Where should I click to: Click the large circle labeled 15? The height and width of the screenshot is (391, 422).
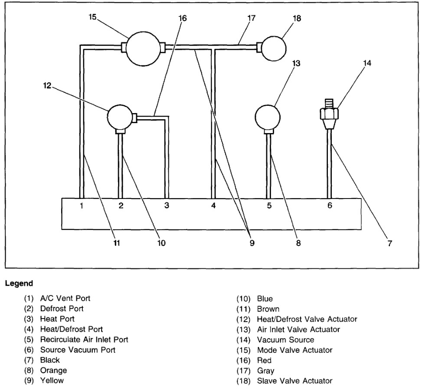(x=143, y=47)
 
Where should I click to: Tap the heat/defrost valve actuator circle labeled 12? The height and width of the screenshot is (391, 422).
(x=121, y=116)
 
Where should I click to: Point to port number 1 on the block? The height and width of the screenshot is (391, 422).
(x=81, y=206)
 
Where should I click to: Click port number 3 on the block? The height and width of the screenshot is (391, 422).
(x=167, y=206)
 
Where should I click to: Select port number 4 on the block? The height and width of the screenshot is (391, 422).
(x=213, y=206)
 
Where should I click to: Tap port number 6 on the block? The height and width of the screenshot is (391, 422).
(x=330, y=206)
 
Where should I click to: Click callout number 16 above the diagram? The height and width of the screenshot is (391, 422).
(x=183, y=19)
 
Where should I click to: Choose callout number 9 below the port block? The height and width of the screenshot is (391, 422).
(x=252, y=243)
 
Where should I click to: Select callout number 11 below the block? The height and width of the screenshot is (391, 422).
(x=116, y=243)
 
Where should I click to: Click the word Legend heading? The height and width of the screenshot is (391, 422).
(x=19, y=283)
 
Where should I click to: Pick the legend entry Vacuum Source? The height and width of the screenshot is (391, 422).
(x=285, y=340)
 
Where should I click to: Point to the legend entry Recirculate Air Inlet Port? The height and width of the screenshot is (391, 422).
(x=84, y=339)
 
